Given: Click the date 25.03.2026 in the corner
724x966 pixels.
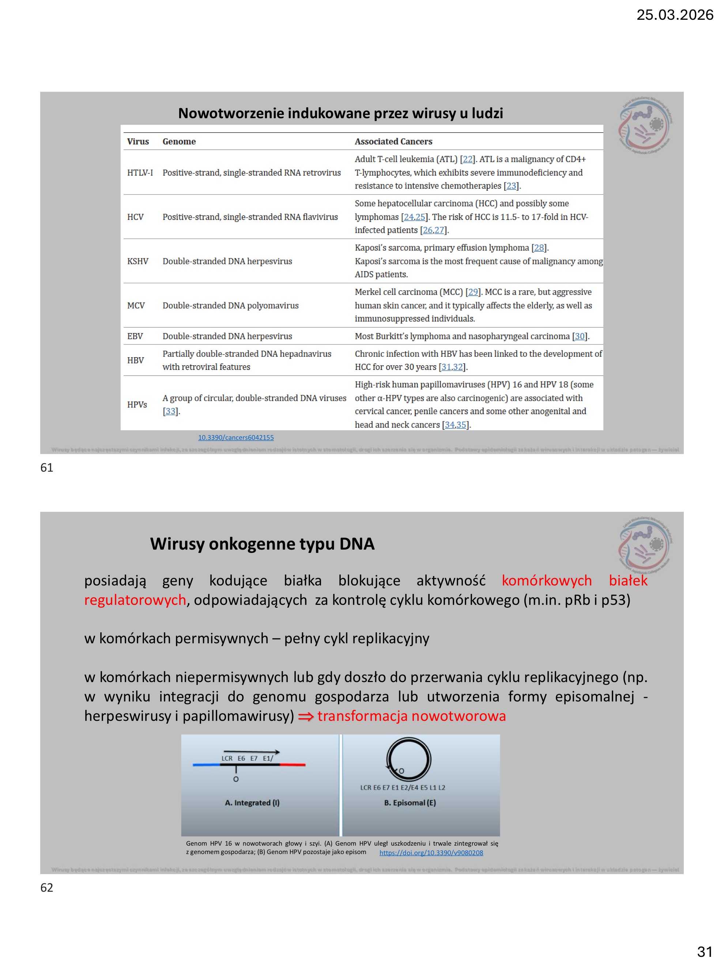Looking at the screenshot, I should pyautogui.click(x=674, y=15).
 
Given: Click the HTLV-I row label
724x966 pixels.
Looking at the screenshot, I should pyautogui.click(x=140, y=172).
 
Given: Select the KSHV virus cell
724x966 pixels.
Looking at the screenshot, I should pyautogui.click(x=137, y=261).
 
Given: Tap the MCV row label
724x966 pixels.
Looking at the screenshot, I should pyautogui.click(x=136, y=305).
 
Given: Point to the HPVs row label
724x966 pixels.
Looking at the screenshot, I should pyautogui.click(x=137, y=404).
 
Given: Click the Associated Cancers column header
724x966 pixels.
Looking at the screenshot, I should pyautogui.click(x=393, y=142).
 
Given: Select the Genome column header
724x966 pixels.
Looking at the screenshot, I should pyautogui.click(x=179, y=142).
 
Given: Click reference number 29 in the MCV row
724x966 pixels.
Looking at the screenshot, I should pyautogui.click(x=473, y=292).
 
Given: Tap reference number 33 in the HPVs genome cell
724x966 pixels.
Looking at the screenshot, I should pyautogui.click(x=170, y=411).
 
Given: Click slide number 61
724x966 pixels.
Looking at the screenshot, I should pyautogui.click(x=47, y=468).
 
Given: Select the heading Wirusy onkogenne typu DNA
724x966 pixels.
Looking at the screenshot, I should pyautogui.click(x=262, y=544).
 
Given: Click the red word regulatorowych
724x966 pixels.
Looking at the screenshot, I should pyautogui.click(x=135, y=600).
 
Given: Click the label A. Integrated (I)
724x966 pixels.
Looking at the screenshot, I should pyautogui.click(x=252, y=803).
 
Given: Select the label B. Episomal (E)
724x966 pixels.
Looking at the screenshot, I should pyautogui.click(x=410, y=803).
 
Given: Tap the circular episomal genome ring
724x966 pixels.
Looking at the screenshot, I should pyautogui.click(x=408, y=759).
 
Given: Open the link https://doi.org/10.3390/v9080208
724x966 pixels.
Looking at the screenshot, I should pyautogui.click(x=431, y=853).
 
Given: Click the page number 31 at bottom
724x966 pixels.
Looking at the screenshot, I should pyautogui.click(x=704, y=951).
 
